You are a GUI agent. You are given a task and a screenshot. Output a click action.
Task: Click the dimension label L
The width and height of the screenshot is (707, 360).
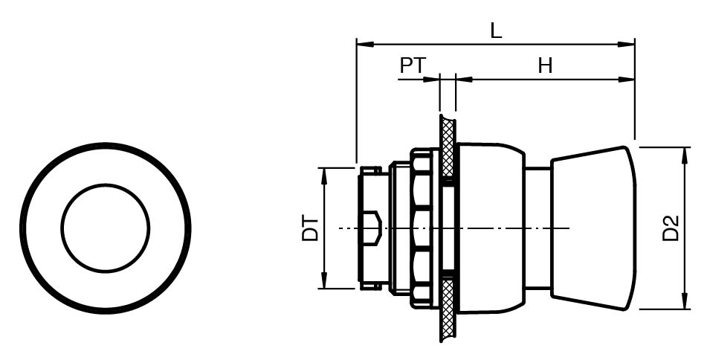click(496, 30)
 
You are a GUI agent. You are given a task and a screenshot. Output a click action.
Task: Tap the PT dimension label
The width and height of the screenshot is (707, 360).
click(413, 65)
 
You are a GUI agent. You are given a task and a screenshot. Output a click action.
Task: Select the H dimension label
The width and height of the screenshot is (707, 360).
click(545, 66)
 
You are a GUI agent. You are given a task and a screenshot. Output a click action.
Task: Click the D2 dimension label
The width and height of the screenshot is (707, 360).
click(671, 228)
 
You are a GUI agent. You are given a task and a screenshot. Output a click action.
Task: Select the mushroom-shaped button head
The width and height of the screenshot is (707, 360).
click(593, 228)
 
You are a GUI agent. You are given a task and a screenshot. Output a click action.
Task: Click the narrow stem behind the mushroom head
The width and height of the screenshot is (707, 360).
click(538, 228)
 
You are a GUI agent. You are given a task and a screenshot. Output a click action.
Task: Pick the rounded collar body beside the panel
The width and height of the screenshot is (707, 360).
click(491, 228)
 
